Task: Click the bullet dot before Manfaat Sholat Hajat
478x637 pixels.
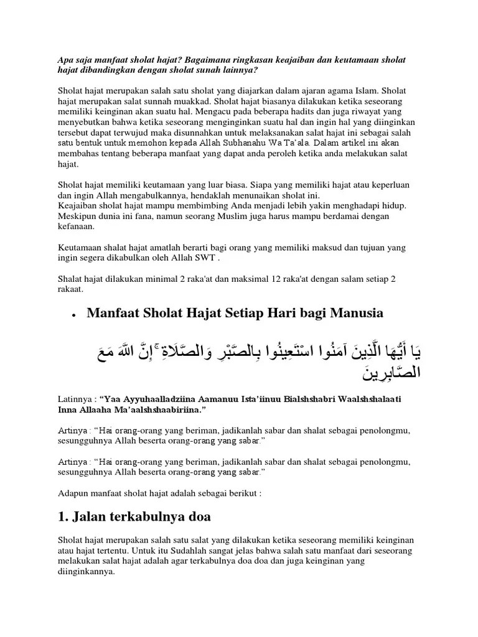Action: (x=74, y=316)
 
